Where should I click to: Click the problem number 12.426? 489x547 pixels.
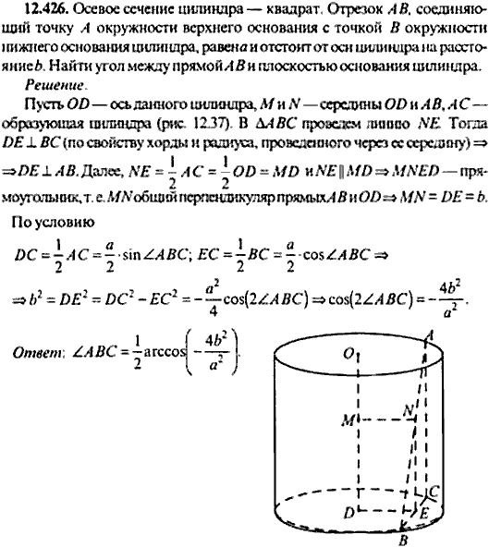click(x=37, y=10)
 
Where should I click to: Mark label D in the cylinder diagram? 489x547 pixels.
click(x=347, y=511)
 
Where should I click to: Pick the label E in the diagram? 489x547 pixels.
click(x=423, y=510)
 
